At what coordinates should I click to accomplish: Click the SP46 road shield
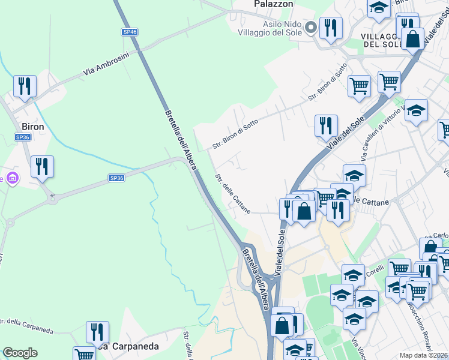pos(130,31)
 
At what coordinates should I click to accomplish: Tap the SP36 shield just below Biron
pos(23,137)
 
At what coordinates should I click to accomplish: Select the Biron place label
pos(32,127)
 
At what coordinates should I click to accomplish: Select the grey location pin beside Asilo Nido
pos(311,27)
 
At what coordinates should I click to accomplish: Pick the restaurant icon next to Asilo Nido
pos(331,27)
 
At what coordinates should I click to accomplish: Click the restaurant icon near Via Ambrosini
pos(25,86)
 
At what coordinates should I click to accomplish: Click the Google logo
pos(20,353)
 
